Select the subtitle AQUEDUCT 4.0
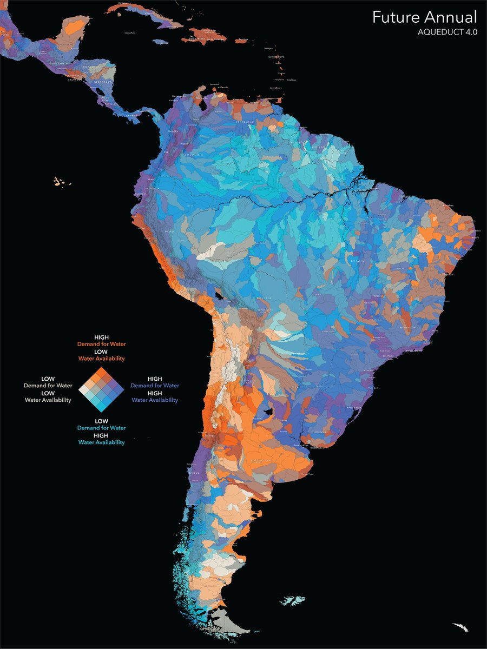[447, 32]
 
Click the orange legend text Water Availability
[102, 359]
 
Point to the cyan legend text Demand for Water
[102, 428]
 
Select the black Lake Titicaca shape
[219, 296]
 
